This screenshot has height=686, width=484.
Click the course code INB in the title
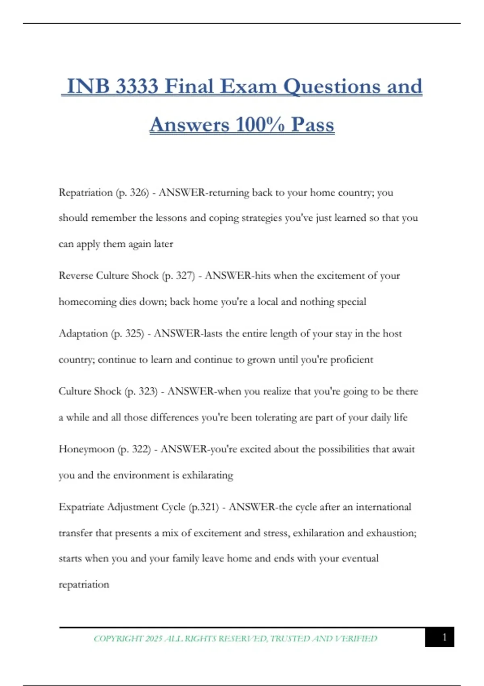tap(88, 86)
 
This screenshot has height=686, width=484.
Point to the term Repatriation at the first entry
tap(86, 192)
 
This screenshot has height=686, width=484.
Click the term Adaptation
tap(83, 334)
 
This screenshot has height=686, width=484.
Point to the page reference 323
tap(147, 391)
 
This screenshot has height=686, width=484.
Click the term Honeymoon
tap(86, 449)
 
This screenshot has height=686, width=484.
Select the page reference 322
tap(141, 449)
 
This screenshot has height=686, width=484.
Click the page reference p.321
tap(204, 507)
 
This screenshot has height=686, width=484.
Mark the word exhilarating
tap(207, 475)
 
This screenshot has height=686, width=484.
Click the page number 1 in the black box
tap(444, 637)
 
